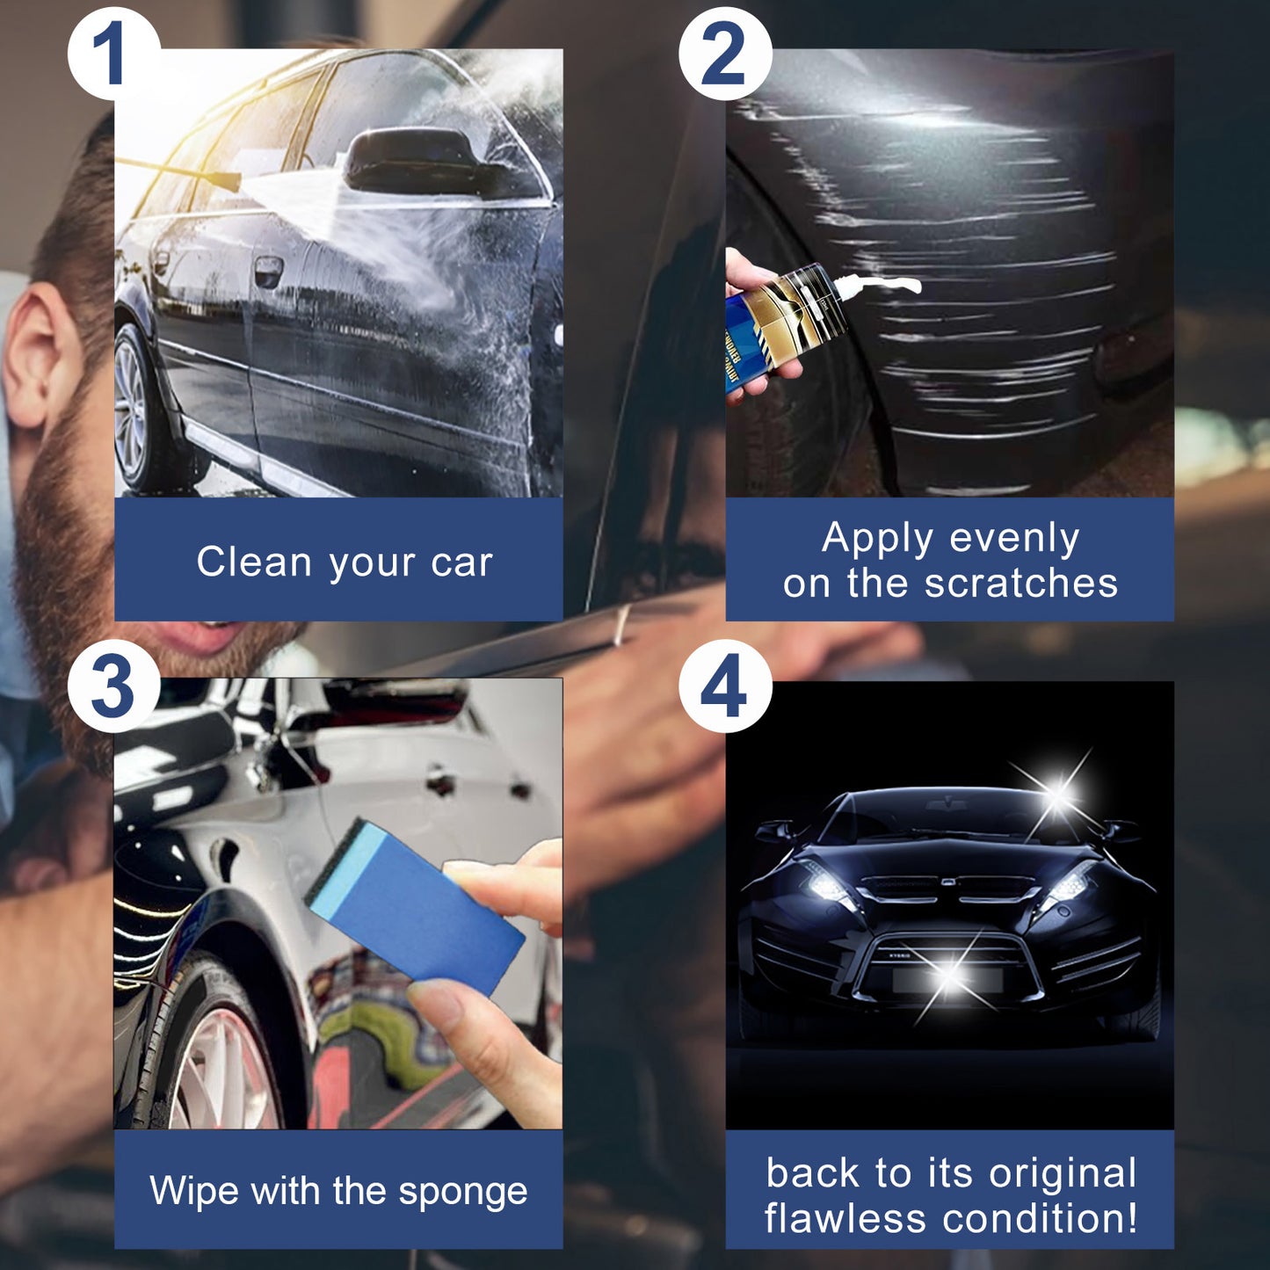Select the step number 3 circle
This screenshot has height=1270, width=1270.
pos(112,687)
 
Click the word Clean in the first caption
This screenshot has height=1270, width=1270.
pos(253,562)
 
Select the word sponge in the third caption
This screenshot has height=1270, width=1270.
pos(462,1193)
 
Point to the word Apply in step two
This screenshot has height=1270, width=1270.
pos(876,539)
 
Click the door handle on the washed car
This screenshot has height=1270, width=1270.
pos(267,272)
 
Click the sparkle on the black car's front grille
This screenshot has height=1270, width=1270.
pos(949,974)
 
